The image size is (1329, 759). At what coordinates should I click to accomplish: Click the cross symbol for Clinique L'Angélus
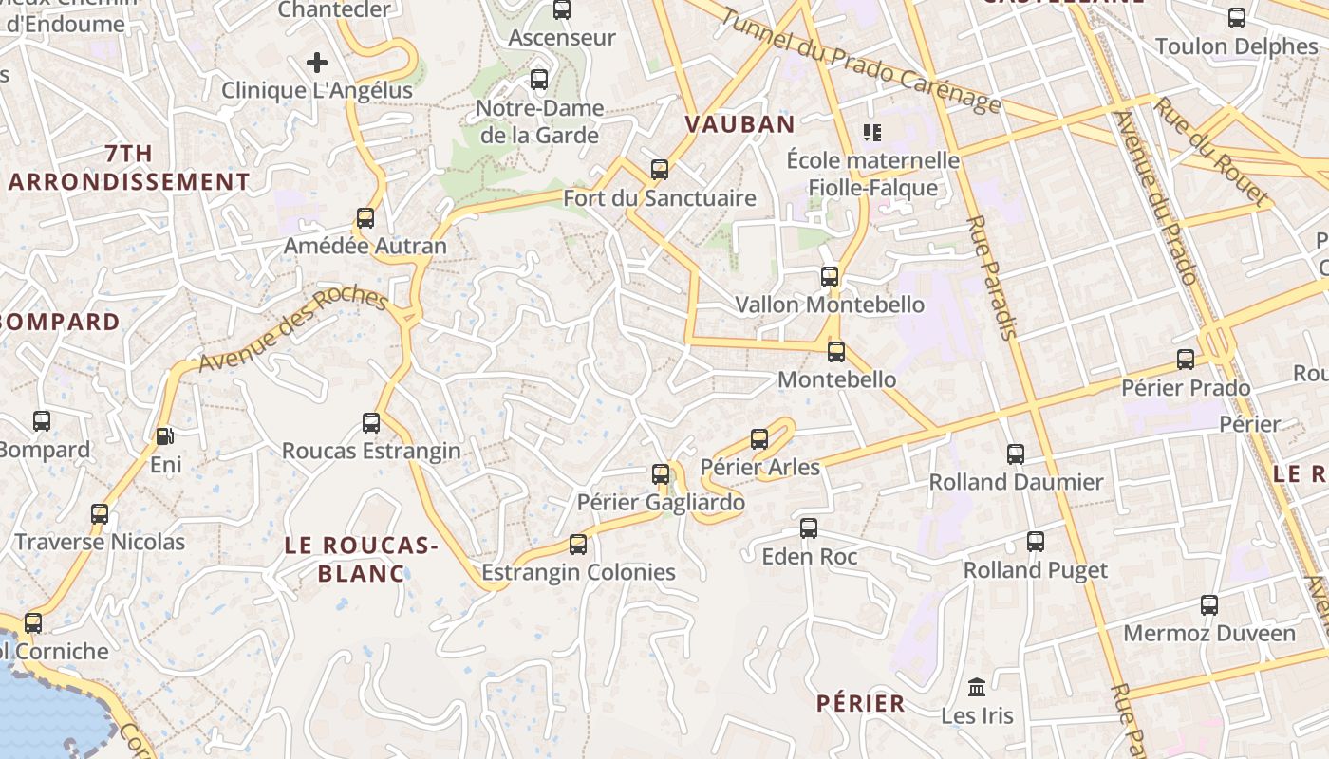point(317,64)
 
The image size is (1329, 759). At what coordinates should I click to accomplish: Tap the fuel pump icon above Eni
point(165,436)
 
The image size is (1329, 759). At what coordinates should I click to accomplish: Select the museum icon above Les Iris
point(977,686)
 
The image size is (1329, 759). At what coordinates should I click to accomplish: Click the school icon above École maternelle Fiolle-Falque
point(871,132)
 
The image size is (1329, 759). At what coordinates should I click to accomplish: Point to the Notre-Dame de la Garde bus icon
point(539,80)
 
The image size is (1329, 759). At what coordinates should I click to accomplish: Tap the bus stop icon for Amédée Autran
point(365,218)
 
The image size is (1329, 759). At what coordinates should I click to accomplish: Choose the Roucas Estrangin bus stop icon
point(371,423)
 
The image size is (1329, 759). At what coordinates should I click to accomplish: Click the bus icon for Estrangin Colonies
point(578,545)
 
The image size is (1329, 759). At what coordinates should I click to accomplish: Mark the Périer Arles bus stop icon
point(759,439)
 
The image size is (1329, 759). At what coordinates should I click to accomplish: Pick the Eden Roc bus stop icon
point(809,528)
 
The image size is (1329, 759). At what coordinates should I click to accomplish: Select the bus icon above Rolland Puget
point(1036,542)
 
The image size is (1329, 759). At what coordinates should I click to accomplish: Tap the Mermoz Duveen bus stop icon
point(1209,605)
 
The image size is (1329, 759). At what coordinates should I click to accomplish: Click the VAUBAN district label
point(739,124)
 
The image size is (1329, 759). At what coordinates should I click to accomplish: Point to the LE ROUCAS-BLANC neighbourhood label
point(361,559)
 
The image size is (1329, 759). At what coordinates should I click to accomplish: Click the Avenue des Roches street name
point(293,329)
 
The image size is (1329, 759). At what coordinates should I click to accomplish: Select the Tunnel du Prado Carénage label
point(860,60)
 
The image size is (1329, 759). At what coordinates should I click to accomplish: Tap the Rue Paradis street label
point(992,277)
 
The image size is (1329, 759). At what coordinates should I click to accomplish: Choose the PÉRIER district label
point(861,703)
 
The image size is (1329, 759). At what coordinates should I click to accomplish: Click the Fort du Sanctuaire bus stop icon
point(660,170)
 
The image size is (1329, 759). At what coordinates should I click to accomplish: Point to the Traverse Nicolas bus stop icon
point(100,514)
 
